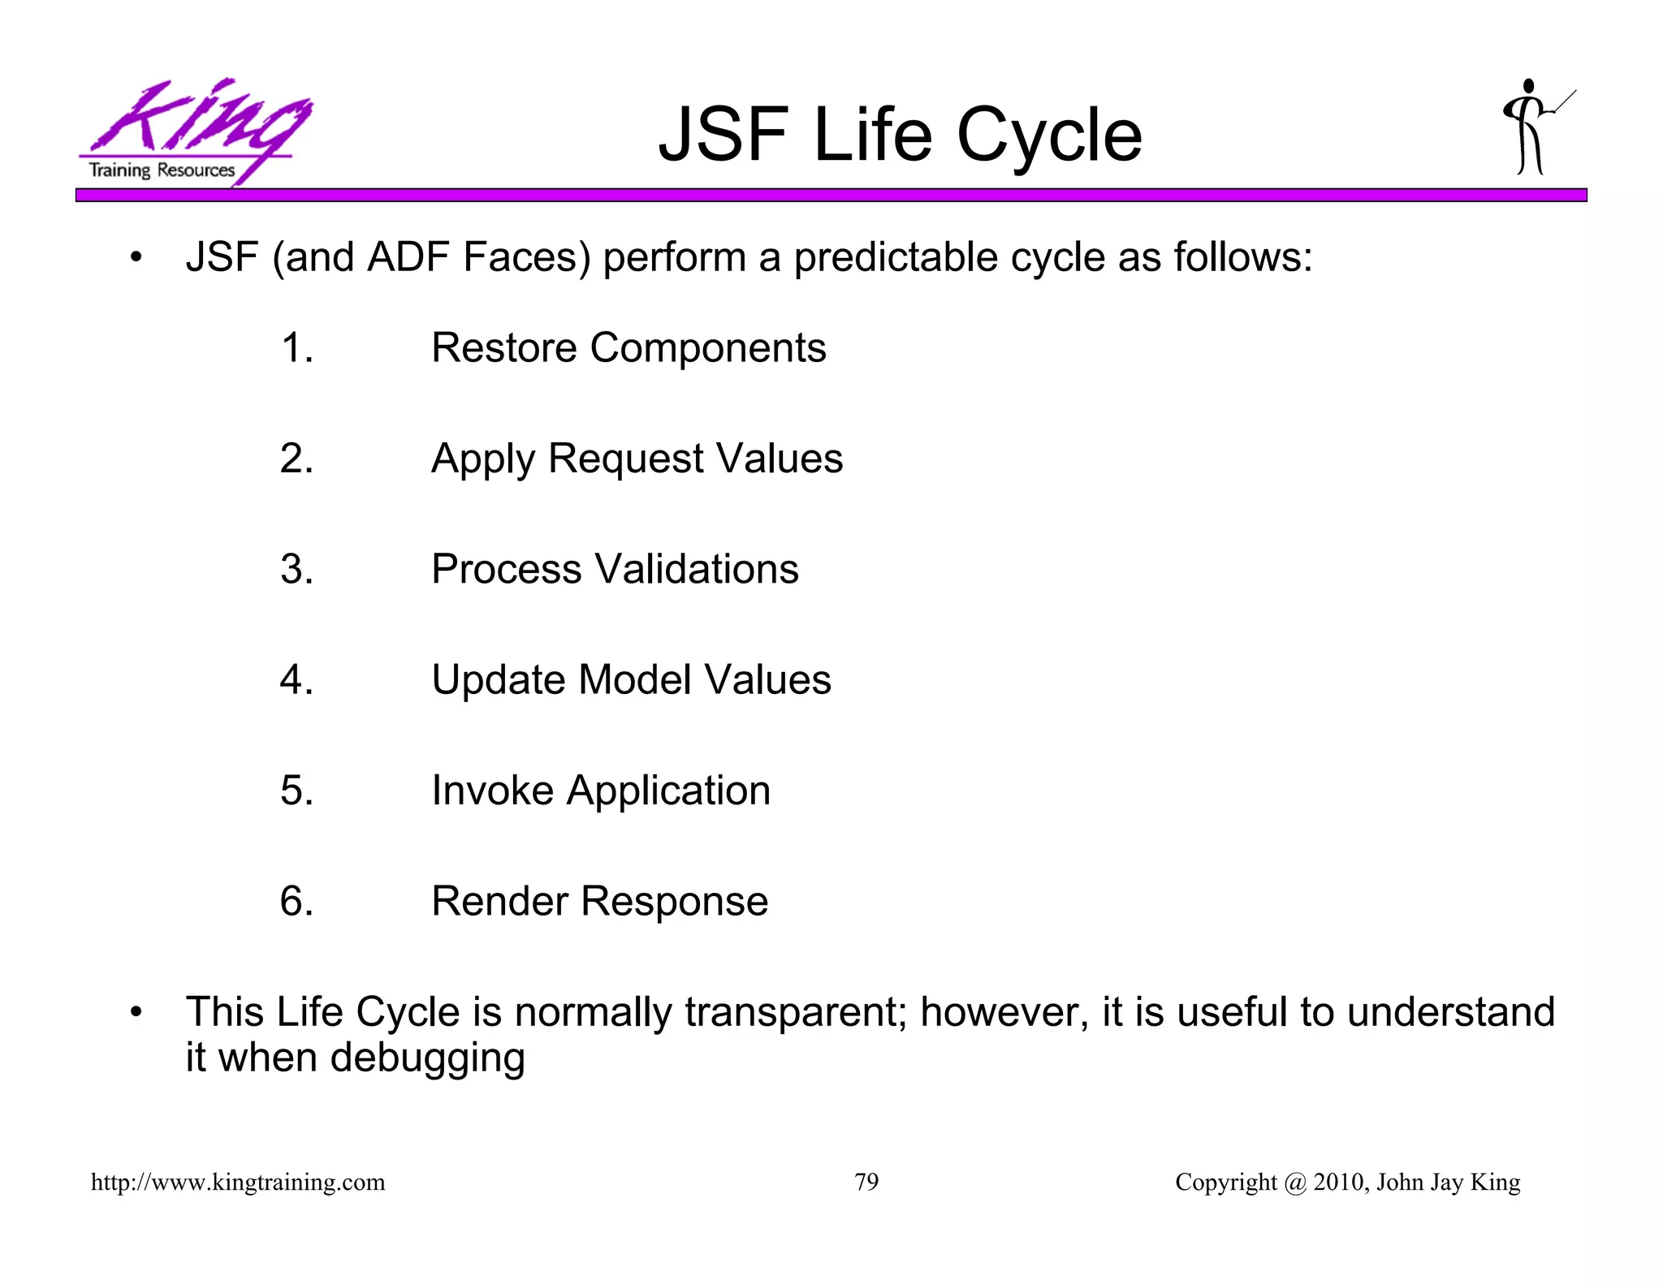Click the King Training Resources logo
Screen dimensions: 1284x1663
click(193, 131)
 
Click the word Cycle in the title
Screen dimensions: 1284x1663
click(1049, 136)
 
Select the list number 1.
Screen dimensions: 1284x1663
click(296, 348)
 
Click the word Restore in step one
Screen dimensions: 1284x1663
click(503, 348)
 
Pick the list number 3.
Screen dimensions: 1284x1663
click(296, 569)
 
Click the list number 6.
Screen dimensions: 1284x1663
click(296, 901)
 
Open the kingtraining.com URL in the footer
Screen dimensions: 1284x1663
click(238, 1183)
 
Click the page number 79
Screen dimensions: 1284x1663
click(866, 1183)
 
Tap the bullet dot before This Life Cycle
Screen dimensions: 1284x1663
click(136, 1012)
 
